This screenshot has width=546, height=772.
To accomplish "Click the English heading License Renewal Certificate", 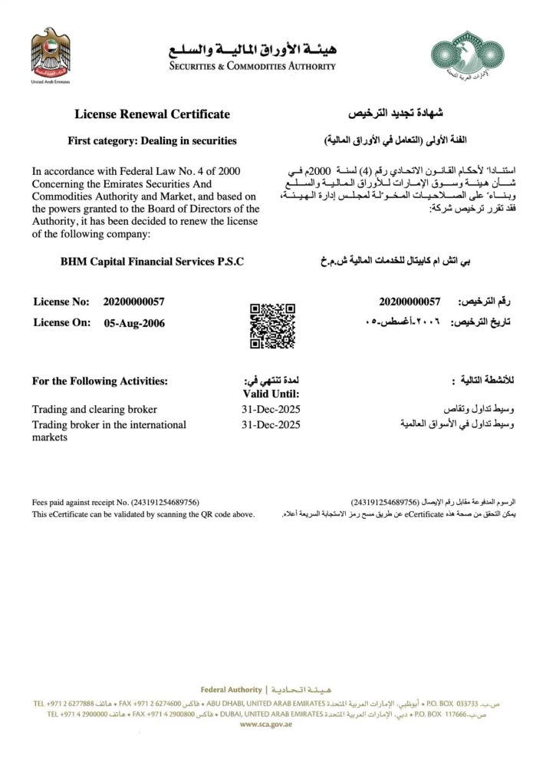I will click(152, 114).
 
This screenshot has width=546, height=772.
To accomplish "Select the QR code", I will click(272, 326).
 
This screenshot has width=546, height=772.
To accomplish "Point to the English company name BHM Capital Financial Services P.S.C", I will click(152, 262).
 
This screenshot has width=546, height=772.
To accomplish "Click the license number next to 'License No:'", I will click(133, 302).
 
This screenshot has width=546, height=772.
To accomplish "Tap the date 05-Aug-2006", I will click(133, 323).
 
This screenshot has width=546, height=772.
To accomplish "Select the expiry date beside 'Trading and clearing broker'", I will click(271, 409).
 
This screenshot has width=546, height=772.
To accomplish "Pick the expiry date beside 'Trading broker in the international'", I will click(271, 424).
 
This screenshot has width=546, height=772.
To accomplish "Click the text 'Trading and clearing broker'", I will click(94, 409).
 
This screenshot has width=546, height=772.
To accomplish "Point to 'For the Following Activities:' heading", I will click(100, 381).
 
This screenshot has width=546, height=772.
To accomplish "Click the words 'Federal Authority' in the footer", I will click(231, 690).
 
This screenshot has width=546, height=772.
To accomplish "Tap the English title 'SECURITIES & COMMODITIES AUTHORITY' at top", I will click(252, 66).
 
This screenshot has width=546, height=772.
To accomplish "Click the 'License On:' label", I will click(61, 323).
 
